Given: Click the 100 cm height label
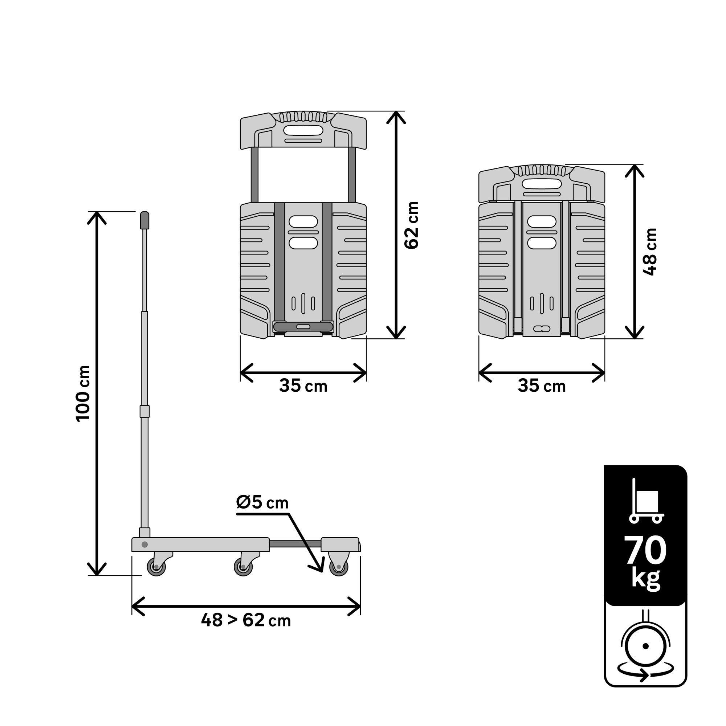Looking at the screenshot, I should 83,393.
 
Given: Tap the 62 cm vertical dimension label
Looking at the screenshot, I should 412,225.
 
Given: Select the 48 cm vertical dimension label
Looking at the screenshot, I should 650,252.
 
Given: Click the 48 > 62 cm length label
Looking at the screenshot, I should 246,620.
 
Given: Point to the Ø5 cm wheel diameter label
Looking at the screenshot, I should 262,503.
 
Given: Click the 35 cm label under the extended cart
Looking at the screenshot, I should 303,386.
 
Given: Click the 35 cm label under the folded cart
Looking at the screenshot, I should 542,386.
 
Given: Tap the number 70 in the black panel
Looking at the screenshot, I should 645,551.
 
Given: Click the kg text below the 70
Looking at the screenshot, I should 645,579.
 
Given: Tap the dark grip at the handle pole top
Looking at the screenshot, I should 145,221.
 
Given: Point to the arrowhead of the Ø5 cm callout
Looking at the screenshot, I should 320,568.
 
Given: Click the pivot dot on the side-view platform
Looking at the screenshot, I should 144,544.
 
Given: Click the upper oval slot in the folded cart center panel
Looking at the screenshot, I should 542,221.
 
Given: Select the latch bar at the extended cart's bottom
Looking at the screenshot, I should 303,327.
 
